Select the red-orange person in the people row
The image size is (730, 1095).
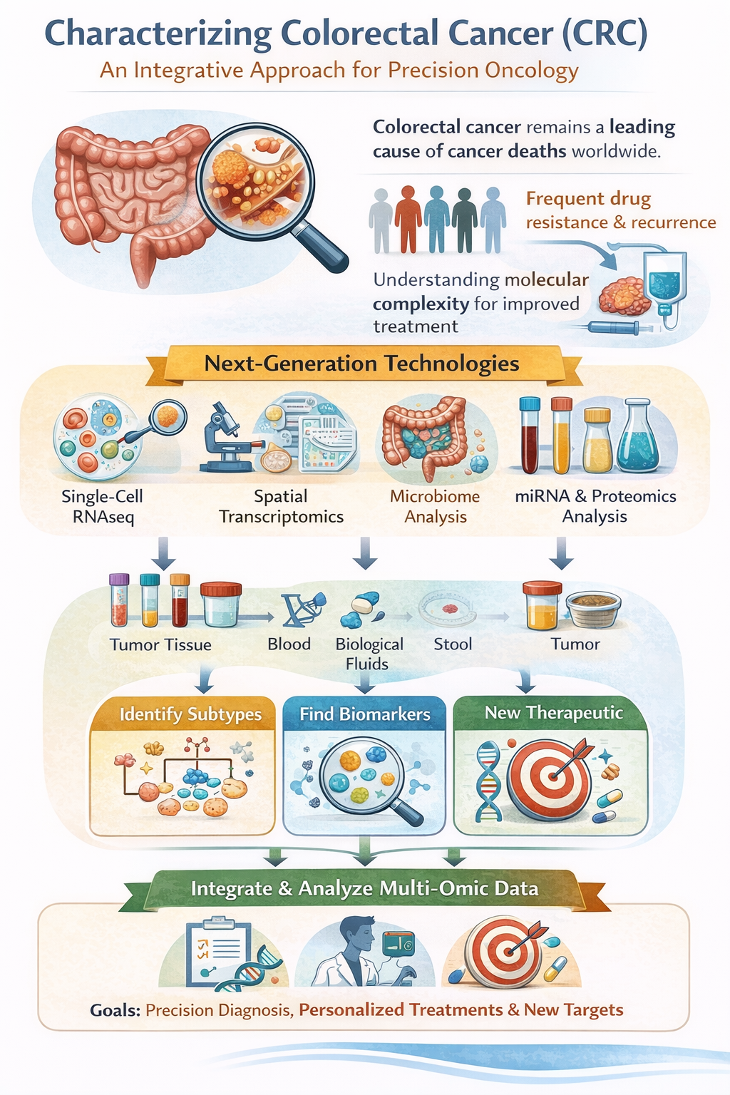coord(408,219)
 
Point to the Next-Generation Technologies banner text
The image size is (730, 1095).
coord(361,364)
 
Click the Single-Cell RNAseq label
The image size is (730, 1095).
coord(102,506)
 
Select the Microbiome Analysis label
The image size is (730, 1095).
coord(435,506)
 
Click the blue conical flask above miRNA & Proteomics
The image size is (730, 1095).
coord(637,439)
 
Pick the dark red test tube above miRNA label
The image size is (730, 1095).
coord(530,436)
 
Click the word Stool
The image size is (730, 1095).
coord(453,644)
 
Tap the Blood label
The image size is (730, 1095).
coord(289,644)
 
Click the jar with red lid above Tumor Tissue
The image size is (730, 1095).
coord(220,605)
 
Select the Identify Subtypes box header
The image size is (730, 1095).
coord(190,714)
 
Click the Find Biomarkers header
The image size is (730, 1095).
coord(364,714)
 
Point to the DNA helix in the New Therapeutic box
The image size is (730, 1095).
coord(487,781)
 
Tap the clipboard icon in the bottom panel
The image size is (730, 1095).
coord(218,952)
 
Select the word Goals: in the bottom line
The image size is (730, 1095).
coord(115,1010)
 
